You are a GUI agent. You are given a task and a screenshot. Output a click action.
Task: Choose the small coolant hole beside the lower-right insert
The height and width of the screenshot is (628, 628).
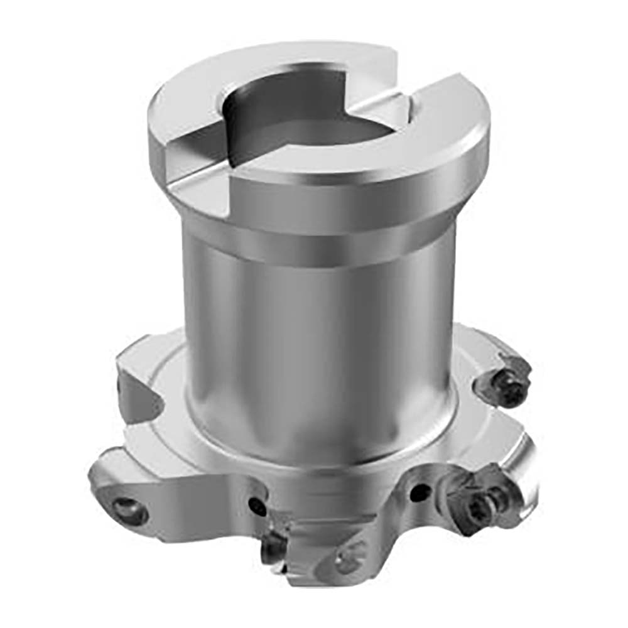pyautogui.click(x=418, y=493)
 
